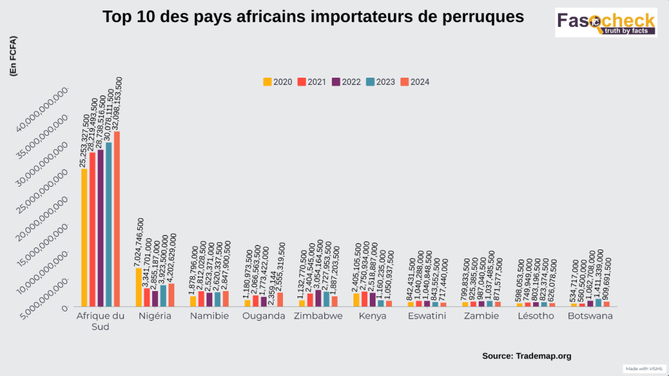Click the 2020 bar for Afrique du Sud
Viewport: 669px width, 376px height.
pyautogui.click(x=84, y=238)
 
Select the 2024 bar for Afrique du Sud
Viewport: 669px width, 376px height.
pyautogui.click(x=117, y=219)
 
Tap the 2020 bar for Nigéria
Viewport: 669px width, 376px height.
pyautogui.click(x=139, y=287)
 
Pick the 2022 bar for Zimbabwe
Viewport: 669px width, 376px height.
pyautogui.click(x=318, y=298)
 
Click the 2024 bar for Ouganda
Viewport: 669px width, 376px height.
pyautogui.click(x=280, y=300)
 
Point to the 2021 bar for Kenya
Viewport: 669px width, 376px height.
pyautogui.click(x=365, y=299)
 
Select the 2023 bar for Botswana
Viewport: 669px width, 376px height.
pyautogui.click(x=598, y=303)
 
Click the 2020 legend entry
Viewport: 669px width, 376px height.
pyautogui.click(x=278, y=82)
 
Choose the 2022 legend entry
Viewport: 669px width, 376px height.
pyautogui.click(x=346, y=82)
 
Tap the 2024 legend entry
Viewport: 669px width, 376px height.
pyautogui.click(x=415, y=82)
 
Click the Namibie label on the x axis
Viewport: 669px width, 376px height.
pyautogui.click(x=209, y=317)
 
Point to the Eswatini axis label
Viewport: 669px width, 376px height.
pyautogui.click(x=427, y=317)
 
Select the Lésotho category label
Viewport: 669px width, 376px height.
pyautogui.click(x=535, y=317)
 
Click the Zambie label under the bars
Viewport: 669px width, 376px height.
pyautogui.click(x=481, y=317)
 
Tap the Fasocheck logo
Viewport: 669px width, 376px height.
pyautogui.click(x=606, y=22)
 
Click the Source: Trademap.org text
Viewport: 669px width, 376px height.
pyautogui.click(x=527, y=356)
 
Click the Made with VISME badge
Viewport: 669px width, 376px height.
pyautogui.click(x=644, y=369)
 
